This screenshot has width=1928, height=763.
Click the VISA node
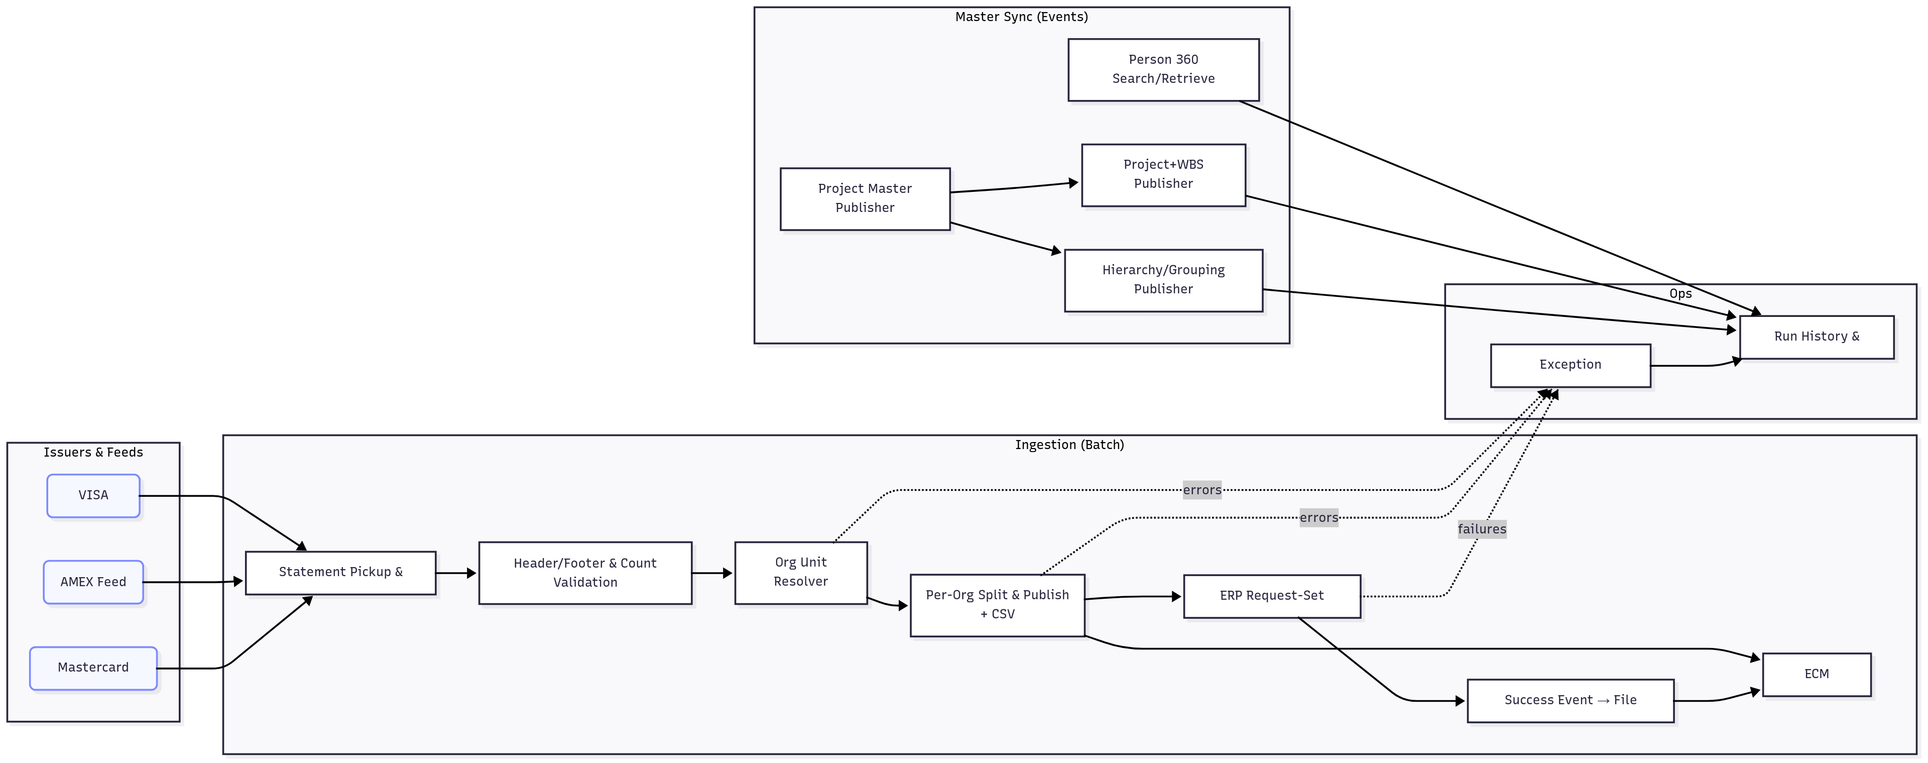[93, 495]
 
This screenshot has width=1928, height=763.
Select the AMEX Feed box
[93, 582]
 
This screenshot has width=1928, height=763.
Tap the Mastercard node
[93, 667]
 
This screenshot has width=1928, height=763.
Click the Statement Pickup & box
[340, 572]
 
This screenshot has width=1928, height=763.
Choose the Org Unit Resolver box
[800, 572]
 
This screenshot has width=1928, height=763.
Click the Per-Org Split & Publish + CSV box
[997, 604]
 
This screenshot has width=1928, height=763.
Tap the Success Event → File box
[1570, 700]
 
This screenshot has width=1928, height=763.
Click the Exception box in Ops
[1570, 365]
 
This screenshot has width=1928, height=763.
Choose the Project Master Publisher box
[865, 198]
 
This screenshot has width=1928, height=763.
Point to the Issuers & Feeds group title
[93, 452]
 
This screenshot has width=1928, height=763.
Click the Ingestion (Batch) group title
[1069, 445]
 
